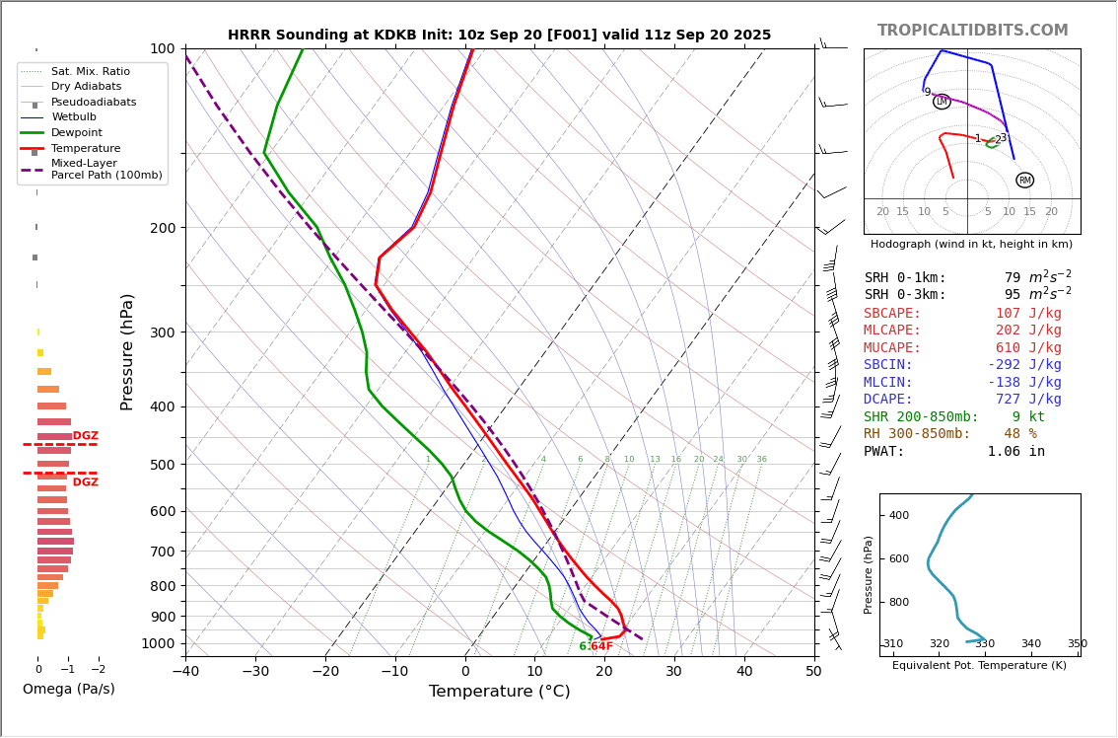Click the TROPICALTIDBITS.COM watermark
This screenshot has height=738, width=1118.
972,32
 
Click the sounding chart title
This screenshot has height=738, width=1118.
499,36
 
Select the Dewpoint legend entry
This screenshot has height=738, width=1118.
77,133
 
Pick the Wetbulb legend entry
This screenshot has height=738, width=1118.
74,117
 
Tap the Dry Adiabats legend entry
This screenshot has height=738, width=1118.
86,87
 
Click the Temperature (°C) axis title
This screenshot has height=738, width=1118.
499,693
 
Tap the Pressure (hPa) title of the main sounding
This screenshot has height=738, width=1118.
128,351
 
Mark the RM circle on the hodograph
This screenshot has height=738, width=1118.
1024,181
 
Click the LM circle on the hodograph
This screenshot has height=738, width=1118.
942,102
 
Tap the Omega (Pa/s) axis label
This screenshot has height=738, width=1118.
69,690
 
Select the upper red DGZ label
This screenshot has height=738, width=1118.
86,436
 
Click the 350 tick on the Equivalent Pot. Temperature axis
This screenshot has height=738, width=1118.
1077,644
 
